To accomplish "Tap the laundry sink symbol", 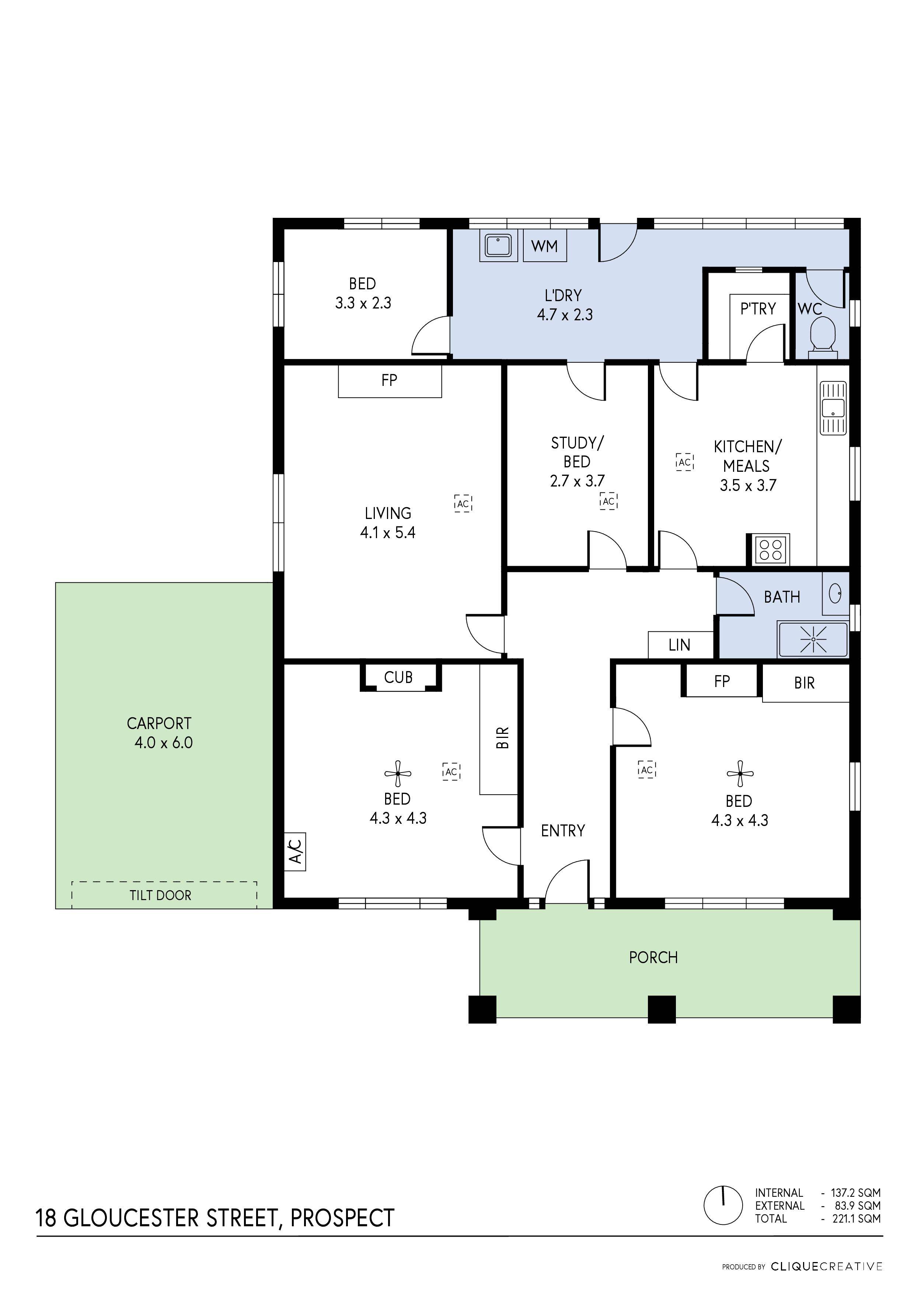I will [498, 246].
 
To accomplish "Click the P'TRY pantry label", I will [758, 309].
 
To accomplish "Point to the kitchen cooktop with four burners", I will [770, 550].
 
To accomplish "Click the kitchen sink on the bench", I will [833, 408].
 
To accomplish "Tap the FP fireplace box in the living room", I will [389, 381].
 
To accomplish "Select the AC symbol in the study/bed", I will [608, 501].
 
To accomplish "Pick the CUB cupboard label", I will [399, 677].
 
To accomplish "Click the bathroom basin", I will [836, 593].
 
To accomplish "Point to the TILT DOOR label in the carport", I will [160, 895].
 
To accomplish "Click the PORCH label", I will [653, 957].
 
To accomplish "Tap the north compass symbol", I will [723, 1205].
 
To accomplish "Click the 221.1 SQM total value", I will [856, 1219].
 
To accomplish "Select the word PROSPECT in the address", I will [342, 1218].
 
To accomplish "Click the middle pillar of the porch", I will [661, 1010].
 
